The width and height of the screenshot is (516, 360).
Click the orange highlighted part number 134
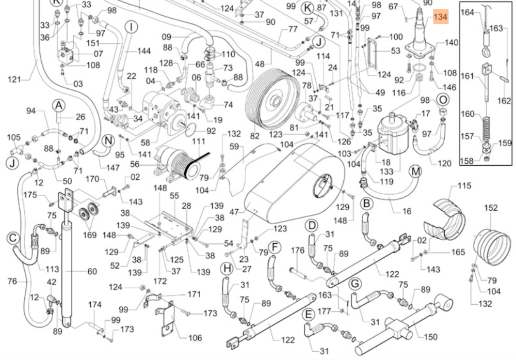click(x=441, y=17)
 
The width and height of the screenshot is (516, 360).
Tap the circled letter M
click(x=415, y=171)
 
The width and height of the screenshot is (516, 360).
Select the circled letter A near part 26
click(x=59, y=106)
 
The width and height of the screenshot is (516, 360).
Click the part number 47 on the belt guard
click(x=234, y=212)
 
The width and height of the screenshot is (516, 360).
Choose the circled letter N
click(x=108, y=142)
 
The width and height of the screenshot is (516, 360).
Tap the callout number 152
click(x=491, y=208)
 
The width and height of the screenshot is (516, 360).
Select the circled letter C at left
click(x=13, y=238)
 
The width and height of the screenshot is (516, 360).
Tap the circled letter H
click(x=227, y=269)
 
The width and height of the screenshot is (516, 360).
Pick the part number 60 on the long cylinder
click(x=92, y=271)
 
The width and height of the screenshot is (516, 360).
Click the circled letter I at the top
click(x=131, y=27)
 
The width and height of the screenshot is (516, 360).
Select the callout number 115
click(x=464, y=186)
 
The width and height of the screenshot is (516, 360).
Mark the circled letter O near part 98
click(x=443, y=100)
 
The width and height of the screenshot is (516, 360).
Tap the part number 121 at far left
click(x=14, y=80)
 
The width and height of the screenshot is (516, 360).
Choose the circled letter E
click(x=308, y=315)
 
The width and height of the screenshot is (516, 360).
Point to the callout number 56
click(x=135, y=164)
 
